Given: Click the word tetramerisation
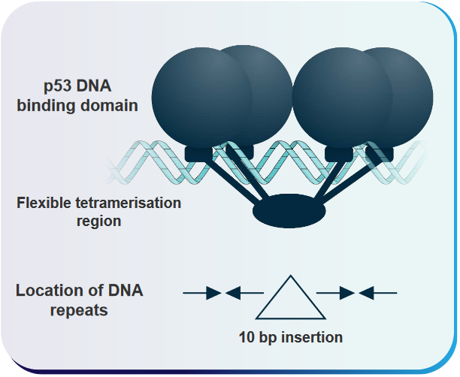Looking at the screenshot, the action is [128, 203].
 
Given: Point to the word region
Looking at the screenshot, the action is [99, 222].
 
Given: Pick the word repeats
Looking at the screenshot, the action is [79, 310].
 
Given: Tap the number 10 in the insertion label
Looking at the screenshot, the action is [246, 337].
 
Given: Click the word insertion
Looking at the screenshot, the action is [312, 337].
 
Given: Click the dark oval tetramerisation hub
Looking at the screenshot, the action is [289, 211].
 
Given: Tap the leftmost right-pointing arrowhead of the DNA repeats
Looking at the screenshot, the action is [213, 293].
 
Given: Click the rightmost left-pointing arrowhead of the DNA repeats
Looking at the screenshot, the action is [366, 293].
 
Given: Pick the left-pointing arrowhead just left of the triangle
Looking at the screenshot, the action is [233, 293].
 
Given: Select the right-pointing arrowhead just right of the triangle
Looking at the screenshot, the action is [347, 293].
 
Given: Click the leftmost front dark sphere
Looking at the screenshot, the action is [202, 98].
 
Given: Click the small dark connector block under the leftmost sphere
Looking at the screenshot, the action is [198, 154].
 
